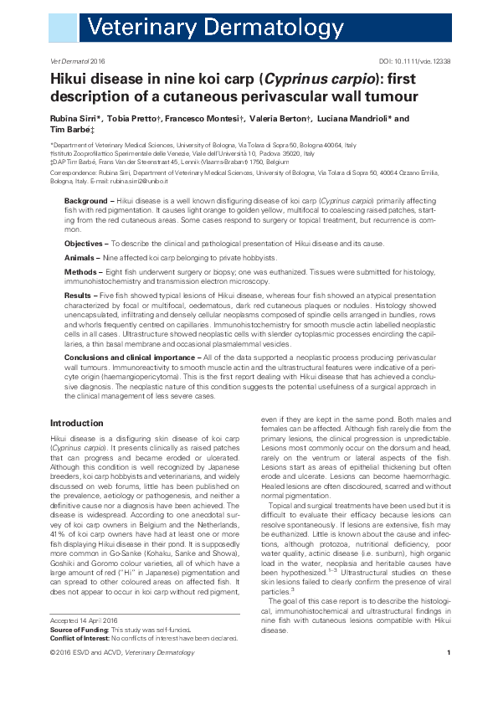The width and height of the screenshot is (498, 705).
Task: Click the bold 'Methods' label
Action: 82,272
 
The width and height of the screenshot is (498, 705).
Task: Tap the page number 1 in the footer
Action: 449,677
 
